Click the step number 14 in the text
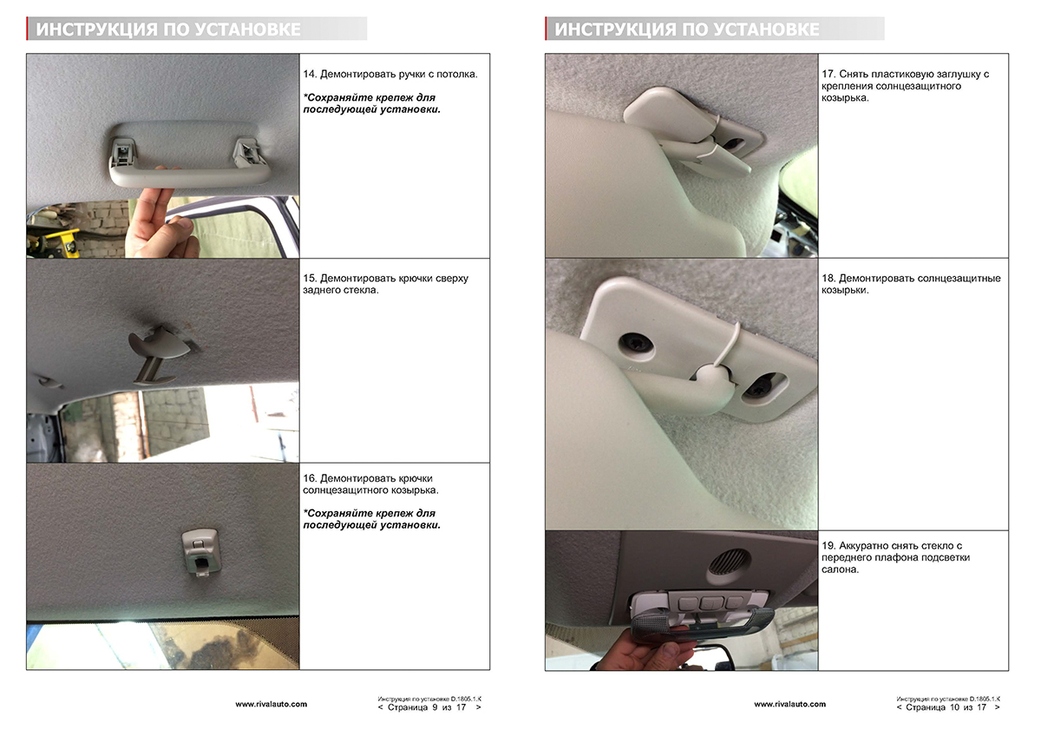click(x=310, y=74)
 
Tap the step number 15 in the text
click(x=310, y=278)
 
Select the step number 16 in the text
click(x=310, y=478)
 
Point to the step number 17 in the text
click(x=828, y=74)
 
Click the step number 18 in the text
click(x=828, y=278)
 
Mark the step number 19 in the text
click(x=828, y=545)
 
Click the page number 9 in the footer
click(x=435, y=707)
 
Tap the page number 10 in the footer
click(x=954, y=707)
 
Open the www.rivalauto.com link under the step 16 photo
click(x=271, y=704)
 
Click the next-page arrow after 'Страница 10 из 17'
click(x=998, y=707)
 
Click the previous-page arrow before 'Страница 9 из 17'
click(x=381, y=707)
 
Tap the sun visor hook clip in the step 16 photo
click(x=200, y=552)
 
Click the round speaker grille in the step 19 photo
click(x=729, y=561)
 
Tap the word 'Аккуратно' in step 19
click(x=863, y=546)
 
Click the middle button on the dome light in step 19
click(x=710, y=603)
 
